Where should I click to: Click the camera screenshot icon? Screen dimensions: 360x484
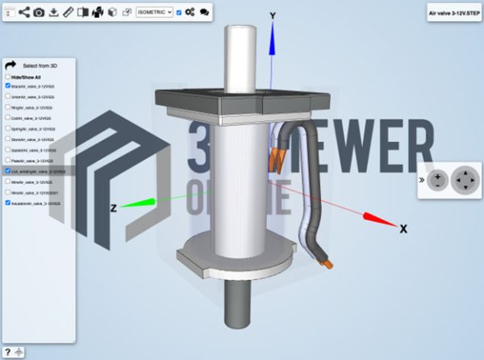tap(38, 12)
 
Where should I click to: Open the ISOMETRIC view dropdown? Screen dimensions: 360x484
tap(155, 12)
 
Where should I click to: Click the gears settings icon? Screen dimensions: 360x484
tap(190, 12)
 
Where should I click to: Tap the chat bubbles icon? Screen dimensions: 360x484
tap(204, 12)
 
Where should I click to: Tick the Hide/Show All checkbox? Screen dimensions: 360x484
tap(8, 77)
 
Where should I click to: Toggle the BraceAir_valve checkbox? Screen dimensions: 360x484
tap(8, 86)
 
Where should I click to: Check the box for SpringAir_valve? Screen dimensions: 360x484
tap(8, 128)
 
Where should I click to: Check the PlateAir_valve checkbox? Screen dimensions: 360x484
tap(8, 161)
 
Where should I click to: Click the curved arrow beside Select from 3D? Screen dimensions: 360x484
tap(10, 65)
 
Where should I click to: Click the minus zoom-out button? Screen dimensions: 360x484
tap(437, 178)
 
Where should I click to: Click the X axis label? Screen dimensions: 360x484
tap(403, 229)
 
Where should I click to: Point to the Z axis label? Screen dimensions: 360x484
tap(114, 208)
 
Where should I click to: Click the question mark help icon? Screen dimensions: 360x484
tap(7, 352)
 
